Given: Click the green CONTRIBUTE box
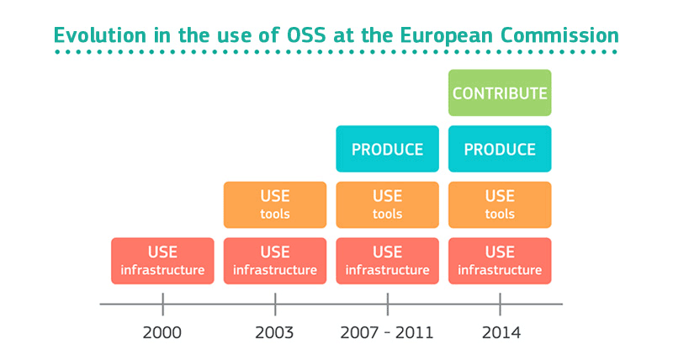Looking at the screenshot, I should (x=500, y=93).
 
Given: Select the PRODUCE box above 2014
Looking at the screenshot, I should (x=500, y=149).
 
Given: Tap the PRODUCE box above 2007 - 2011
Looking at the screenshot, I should (x=387, y=149).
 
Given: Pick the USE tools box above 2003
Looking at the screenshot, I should (x=274, y=204).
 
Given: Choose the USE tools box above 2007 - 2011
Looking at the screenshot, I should (x=387, y=204).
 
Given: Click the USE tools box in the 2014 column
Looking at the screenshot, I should (x=500, y=204).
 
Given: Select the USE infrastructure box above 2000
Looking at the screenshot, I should (x=162, y=261).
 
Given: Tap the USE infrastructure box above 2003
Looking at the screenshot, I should (x=274, y=261).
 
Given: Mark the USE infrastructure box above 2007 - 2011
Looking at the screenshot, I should (x=387, y=261).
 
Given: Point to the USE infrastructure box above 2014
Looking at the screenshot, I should (x=500, y=261).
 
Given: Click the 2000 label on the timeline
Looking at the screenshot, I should (x=162, y=332).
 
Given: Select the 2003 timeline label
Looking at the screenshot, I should (x=274, y=332).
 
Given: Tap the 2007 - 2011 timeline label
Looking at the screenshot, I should (x=387, y=332).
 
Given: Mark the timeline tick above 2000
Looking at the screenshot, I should (x=162, y=304).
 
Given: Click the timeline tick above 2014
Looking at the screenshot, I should (x=500, y=304).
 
